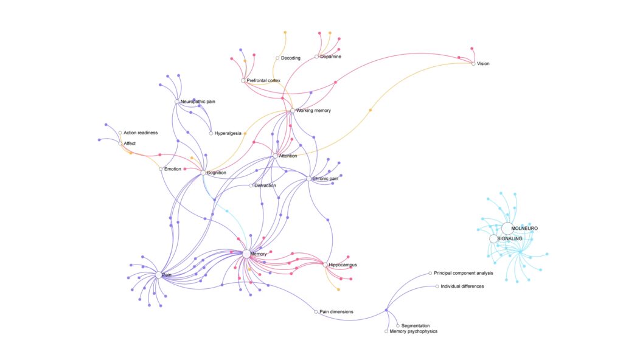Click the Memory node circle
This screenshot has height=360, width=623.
click(x=246, y=254)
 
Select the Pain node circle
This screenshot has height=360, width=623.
click(x=159, y=275)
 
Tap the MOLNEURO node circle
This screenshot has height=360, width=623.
click(x=507, y=228)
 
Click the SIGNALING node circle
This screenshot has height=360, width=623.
click(x=493, y=239)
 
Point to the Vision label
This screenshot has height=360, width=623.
click(x=483, y=63)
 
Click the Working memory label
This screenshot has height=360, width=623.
click(x=313, y=111)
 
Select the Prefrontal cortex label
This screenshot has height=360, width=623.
click(x=263, y=80)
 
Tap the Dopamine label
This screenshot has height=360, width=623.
click(x=330, y=57)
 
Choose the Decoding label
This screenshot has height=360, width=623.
click(x=291, y=58)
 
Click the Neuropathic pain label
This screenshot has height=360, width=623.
click(x=199, y=101)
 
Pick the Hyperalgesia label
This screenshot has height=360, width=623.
click(x=228, y=133)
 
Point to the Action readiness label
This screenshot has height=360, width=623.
click(x=141, y=133)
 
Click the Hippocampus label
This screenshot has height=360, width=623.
click(x=343, y=265)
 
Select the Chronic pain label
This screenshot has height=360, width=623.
click(x=325, y=179)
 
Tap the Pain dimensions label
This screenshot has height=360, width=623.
click(x=336, y=312)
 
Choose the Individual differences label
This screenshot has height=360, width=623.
click(x=462, y=286)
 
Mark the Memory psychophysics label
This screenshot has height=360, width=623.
click(x=413, y=331)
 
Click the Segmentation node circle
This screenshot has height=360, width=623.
click(x=398, y=326)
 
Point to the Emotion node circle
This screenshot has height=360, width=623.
click(x=161, y=168)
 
